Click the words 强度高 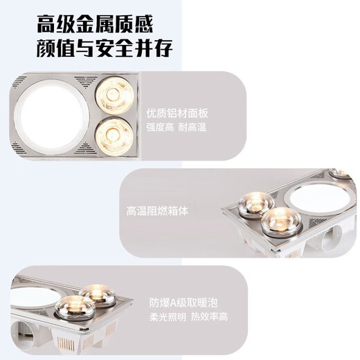click(159, 128)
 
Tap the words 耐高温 click(193, 128)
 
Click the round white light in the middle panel click(316, 197)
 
